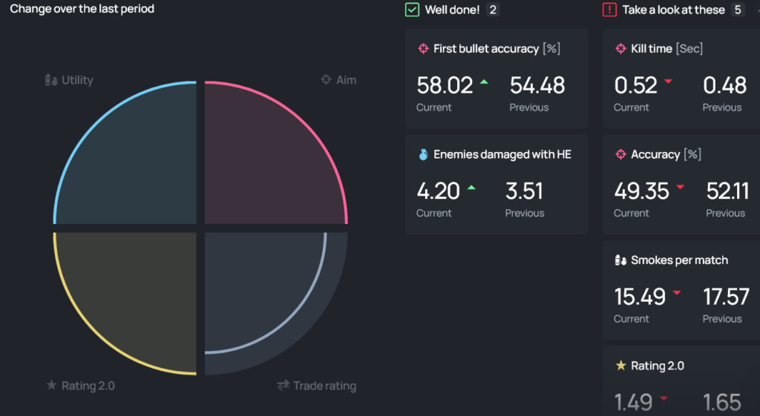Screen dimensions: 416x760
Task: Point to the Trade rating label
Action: pyautogui.click(x=317, y=386)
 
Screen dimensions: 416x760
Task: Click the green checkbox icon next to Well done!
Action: pyautogui.click(x=412, y=10)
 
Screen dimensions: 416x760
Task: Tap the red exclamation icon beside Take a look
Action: pyautogui.click(x=609, y=10)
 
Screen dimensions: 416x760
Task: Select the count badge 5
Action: pyautogui.click(x=737, y=10)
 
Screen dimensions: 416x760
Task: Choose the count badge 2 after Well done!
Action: pyautogui.click(x=493, y=10)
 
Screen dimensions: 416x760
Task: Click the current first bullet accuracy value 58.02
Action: pyautogui.click(x=445, y=85)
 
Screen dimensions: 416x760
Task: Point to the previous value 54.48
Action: pyautogui.click(x=537, y=85)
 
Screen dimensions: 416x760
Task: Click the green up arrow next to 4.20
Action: pyautogui.click(x=471, y=188)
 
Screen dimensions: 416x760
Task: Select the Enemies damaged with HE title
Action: pyautogui.click(x=502, y=154)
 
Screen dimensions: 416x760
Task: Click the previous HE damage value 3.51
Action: pyautogui.click(x=524, y=191)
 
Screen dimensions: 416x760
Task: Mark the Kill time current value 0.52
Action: pyautogui.click(x=635, y=85)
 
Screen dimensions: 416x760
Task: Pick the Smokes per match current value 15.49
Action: pyautogui.click(x=640, y=297)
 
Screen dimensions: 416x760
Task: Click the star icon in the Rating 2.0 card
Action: pyautogui.click(x=621, y=366)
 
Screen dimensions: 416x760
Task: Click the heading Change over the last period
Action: pyautogui.click(x=82, y=9)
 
